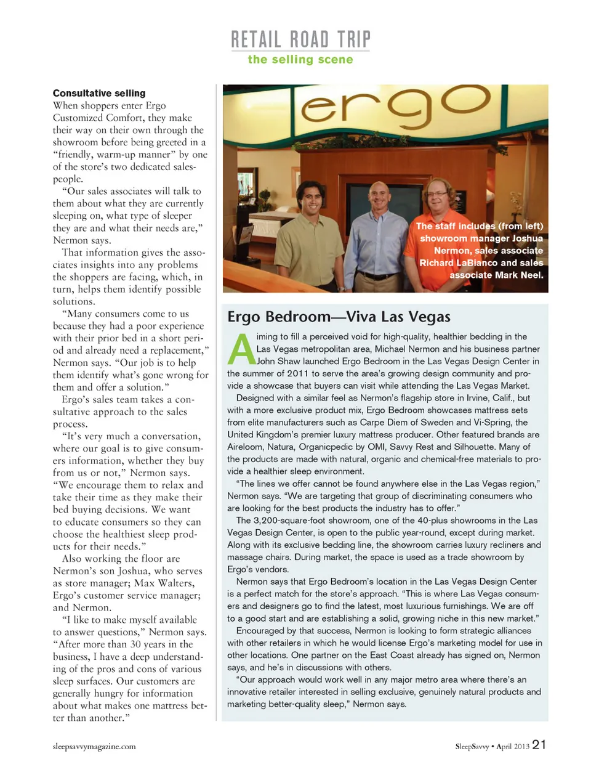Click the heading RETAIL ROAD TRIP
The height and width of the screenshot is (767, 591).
tap(300, 39)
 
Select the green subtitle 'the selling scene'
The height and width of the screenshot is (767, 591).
tap(300, 60)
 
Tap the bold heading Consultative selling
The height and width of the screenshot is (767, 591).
tap(99, 93)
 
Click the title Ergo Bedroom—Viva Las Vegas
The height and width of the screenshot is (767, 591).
tap(339, 317)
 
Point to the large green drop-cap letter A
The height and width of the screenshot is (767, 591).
tap(241, 349)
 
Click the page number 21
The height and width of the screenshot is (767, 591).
tap(539, 744)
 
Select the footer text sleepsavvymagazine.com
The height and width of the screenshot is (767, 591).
tap(94, 746)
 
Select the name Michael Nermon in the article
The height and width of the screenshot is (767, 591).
tap(407, 349)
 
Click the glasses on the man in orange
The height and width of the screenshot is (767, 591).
tap(438, 193)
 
